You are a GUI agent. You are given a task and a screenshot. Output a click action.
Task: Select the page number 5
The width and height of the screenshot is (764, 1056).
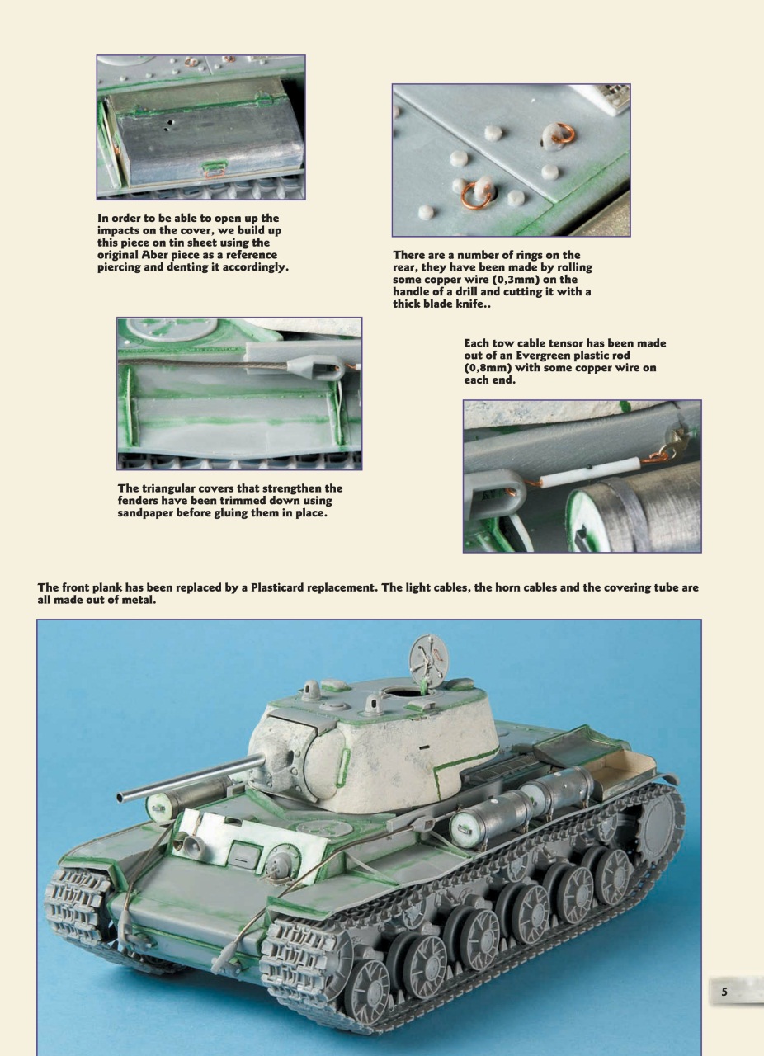click(x=724, y=991)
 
